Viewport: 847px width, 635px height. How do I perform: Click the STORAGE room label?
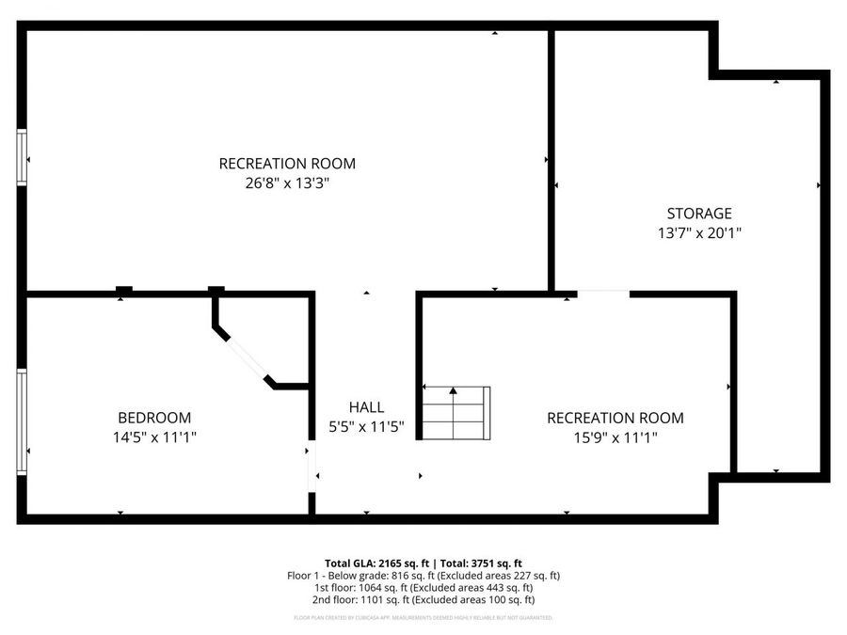(x=698, y=214)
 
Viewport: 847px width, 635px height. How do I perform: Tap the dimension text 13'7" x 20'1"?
(x=698, y=232)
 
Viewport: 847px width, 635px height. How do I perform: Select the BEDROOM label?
(x=154, y=418)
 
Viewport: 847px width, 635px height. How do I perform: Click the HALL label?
(x=366, y=407)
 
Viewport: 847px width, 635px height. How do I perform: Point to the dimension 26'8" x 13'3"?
(x=287, y=183)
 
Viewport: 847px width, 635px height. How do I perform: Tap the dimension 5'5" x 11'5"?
(x=366, y=426)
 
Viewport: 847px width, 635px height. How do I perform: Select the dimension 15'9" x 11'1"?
(x=615, y=437)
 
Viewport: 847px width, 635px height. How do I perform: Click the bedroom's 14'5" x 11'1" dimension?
(x=154, y=437)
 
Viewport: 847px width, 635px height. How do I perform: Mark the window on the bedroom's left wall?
(x=22, y=421)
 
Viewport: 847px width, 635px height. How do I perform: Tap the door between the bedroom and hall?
(x=311, y=467)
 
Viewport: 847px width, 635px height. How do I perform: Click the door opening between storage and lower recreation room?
(x=602, y=294)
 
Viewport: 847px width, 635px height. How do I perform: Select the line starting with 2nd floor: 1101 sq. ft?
(x=423, y=599)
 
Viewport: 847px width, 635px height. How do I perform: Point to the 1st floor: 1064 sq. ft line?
(x=423, y=587)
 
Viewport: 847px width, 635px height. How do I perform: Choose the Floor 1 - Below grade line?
(x=423, y=575)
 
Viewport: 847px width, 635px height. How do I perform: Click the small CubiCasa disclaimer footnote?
(x=423, y=618)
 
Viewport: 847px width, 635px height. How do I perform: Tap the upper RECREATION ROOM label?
(x=287, y=164)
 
